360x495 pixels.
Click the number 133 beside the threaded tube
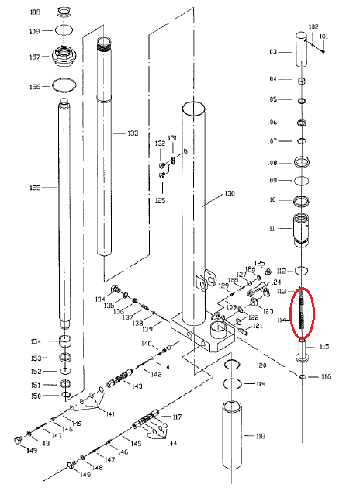tap(133, 133)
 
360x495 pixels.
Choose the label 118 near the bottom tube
tap(260, 437)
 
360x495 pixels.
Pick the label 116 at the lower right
tap(325, 377)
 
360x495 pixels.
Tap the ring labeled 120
tap(232, 365)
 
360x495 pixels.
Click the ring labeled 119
tap(232, 384)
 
